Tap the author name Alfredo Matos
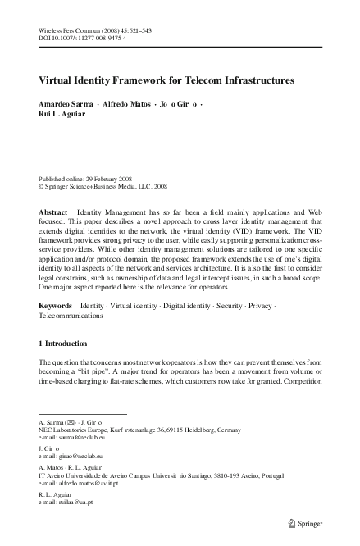125,106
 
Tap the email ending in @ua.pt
77,500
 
